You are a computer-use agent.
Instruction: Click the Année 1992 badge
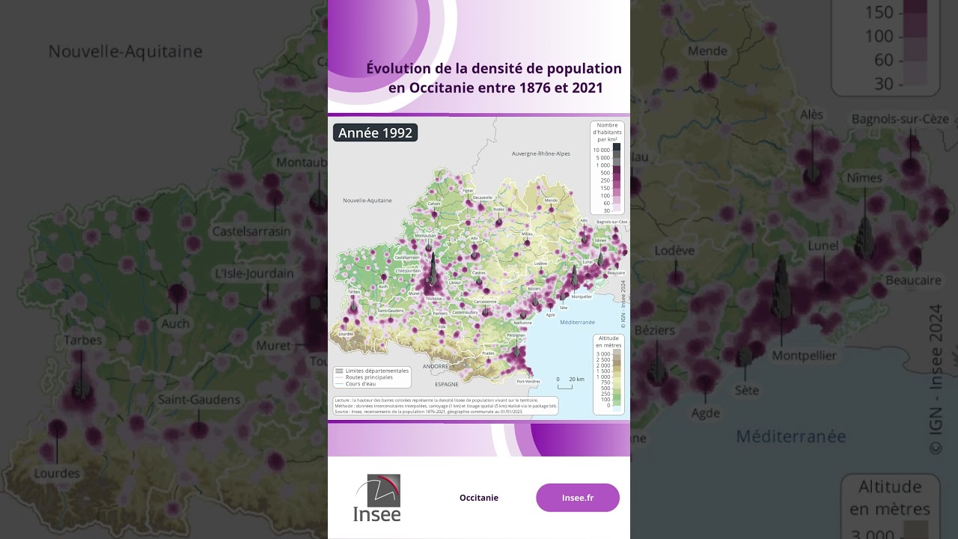(x=375, y=133)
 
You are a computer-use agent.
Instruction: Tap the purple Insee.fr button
(x=577, y=498)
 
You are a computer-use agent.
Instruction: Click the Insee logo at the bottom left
(x=377, y=498)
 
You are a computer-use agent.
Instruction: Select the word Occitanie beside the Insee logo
(x=479, y=498)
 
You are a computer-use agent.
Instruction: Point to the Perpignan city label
(x=516, y=335)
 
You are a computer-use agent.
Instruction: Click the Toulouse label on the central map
(x=433, y=299)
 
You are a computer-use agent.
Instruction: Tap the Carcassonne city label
(x=485, y=302)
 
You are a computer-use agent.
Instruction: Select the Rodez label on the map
(x=499, y=210)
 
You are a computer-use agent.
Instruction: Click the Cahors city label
(x=433, y=204)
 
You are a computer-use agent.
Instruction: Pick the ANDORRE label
(x=435, y=367)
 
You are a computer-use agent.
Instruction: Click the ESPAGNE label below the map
(x=446, y=384)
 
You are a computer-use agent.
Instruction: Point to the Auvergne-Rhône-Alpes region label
(x=540, y=153)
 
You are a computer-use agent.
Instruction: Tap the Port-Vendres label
(x=528, y=381)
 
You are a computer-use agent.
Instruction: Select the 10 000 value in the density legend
(x=601, y=150)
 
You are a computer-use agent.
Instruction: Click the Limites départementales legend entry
(x=376, y=371)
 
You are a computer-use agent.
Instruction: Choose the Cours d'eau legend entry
(x=360, y=383)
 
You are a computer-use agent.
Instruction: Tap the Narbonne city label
(x=522, y=323)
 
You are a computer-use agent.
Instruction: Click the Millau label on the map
(x=527, y=234)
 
